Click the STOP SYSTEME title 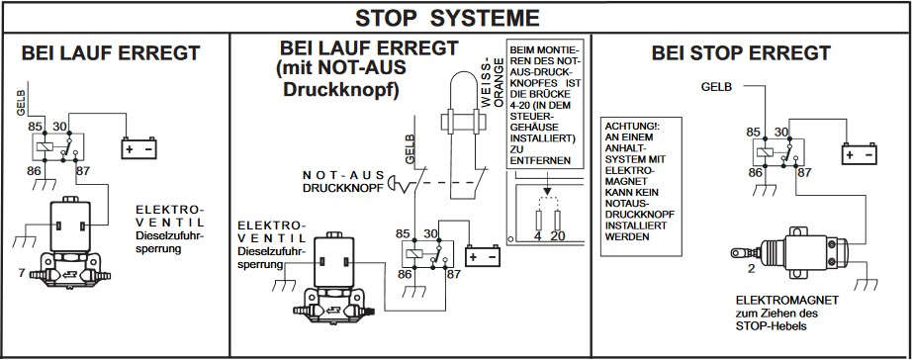(447, 18)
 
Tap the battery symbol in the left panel (139, 148)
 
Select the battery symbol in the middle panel (483, 256)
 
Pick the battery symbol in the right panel (859, 154)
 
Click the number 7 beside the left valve (22, 272)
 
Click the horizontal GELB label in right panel (716, 87)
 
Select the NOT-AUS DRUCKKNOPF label (344, 181)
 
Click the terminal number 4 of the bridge (538, 236)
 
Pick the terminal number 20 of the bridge (558, 236)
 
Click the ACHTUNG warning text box (641, 187)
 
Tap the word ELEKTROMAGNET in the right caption (787, 301)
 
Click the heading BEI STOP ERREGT (741, 53)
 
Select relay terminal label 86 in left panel (36, 171)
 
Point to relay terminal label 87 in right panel (805, 173)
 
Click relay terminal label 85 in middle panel (403, 233)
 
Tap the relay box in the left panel (57, 147)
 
